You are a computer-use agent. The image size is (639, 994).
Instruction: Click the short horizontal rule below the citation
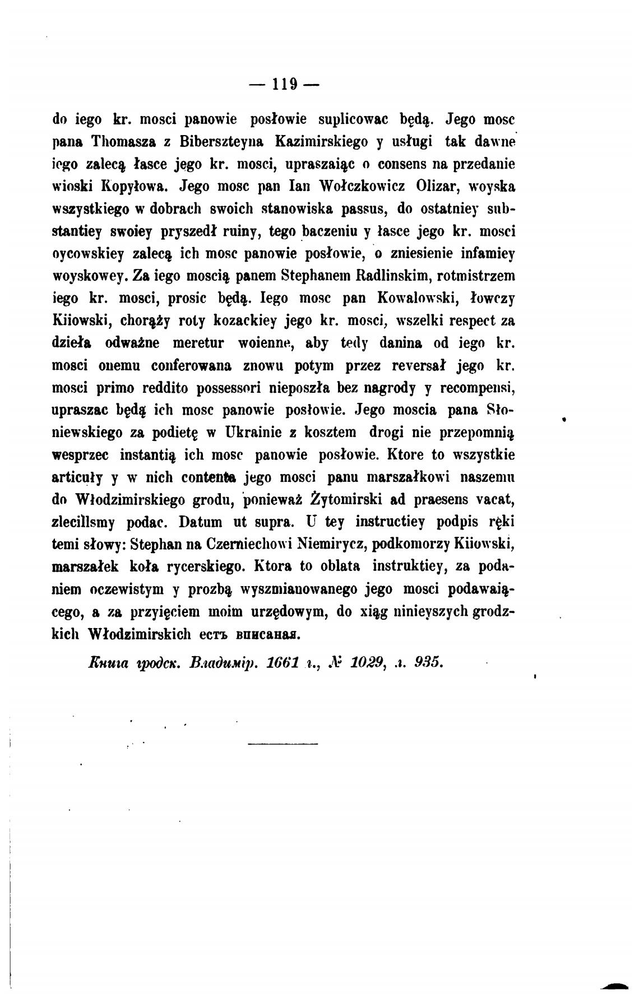click(x=282, y=744)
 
